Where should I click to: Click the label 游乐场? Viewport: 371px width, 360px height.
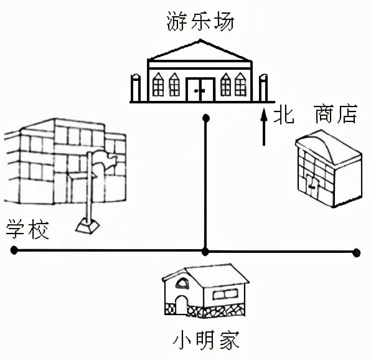[x=200, y=22]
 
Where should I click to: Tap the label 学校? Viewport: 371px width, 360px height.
[x=27, y=229]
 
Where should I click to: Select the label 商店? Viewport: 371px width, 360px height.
[x=336, y=115]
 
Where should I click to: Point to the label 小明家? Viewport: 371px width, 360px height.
[x=206, y=340]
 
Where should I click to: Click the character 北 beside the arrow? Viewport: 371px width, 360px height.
[x=284, y=116]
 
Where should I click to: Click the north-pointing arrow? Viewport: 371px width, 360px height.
[x=264, y=126]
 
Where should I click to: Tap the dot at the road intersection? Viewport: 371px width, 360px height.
[x=205, y=252]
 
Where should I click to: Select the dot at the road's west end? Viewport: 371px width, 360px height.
[x=14, y=250]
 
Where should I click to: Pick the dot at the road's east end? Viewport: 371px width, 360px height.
[x=356, y=253]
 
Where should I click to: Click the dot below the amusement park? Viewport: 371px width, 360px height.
[x=206, y=118]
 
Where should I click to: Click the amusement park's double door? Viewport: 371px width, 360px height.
[x=200, y=90]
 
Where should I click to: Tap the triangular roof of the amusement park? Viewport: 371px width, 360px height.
[x=200, y=50]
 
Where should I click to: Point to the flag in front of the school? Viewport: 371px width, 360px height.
[x=103, y=164]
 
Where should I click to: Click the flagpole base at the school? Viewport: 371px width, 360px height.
[x=87, y=226]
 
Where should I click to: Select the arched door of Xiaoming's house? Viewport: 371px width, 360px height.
[x=181, y=305]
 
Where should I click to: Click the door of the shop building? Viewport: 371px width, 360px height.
[x=312, y=186]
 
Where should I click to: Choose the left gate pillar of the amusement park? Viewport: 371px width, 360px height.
[x=136, y=88]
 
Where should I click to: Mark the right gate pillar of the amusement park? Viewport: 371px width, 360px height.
[x=263, y=88]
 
